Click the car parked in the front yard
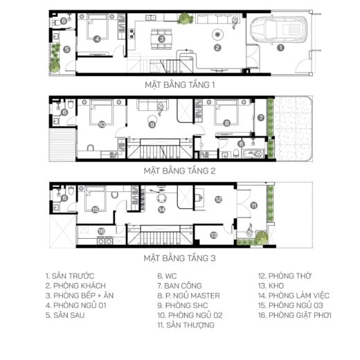coord(278,29)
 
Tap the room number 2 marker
coord(217,48)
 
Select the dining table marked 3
coord(161,39)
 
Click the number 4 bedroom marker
coord(97,39)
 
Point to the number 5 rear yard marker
coord(66,49)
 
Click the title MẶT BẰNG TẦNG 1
coord(180,85)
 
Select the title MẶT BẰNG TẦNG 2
coord(179,171)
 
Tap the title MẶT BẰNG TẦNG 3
coord(179,258)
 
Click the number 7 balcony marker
coord(261,118)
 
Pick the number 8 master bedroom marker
coord(226,123)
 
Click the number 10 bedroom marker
coord(102,125)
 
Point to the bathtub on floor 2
coord(253,154)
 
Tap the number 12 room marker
coord(218,199)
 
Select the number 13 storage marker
coord(214,235)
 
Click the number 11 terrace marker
coord(254,206)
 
